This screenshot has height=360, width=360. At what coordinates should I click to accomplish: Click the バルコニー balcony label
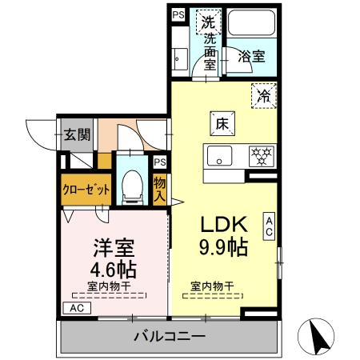(x=169, y=335)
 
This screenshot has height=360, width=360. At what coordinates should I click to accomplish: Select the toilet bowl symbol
(x=132, y=185)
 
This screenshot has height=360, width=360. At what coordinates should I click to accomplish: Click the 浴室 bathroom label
(x=252, y=56)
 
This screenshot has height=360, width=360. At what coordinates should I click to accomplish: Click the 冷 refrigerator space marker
(x=262, y=94)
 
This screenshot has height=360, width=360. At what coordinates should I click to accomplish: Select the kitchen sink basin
(x=218, y=154)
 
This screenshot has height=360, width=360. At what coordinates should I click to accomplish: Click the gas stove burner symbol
(x=261, y=154)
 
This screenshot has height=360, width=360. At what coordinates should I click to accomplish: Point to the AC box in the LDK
(x=270, y=226)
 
